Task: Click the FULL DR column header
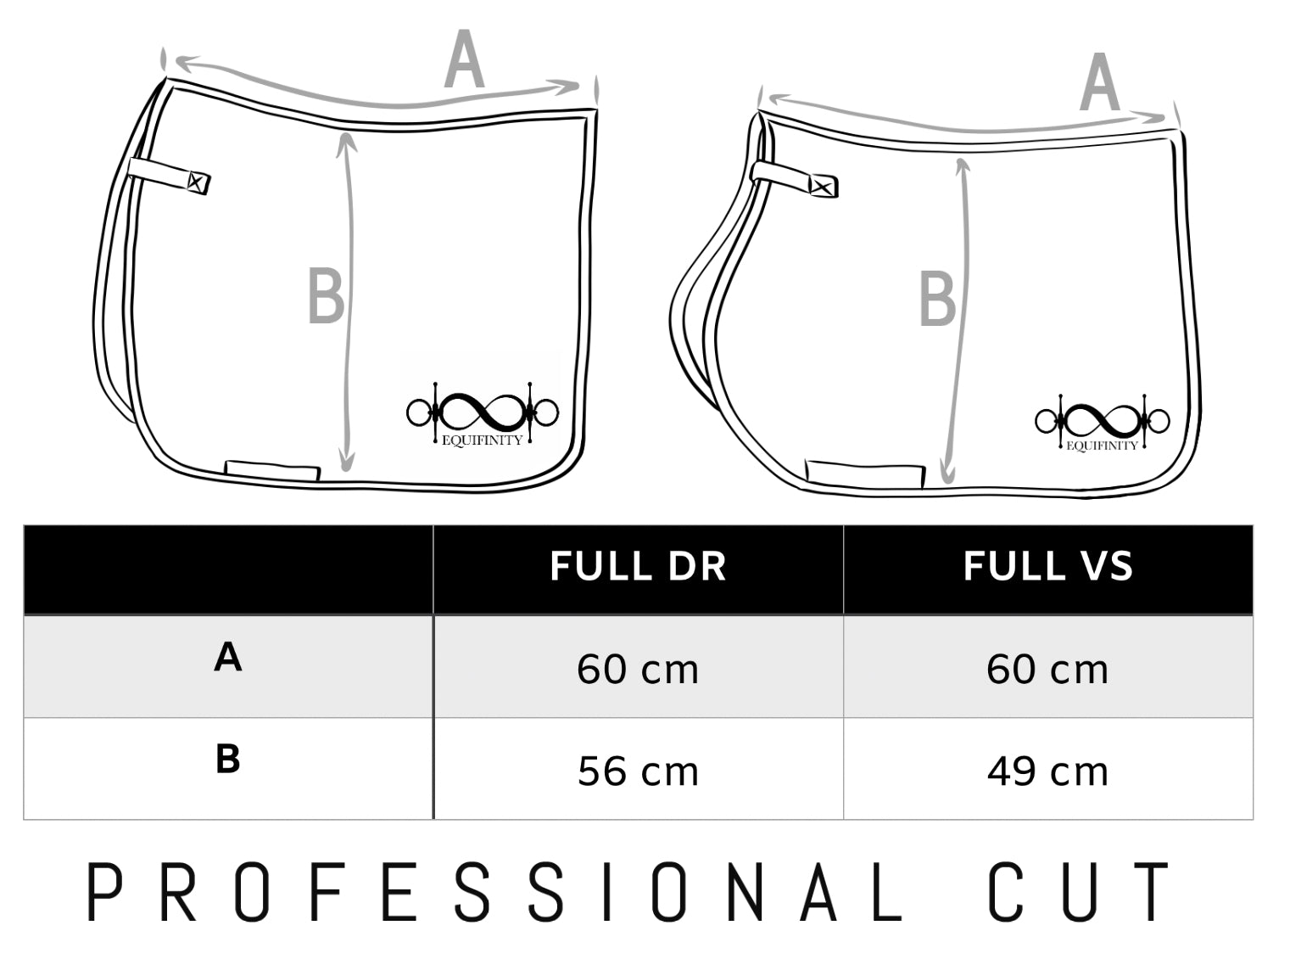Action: (638, 567)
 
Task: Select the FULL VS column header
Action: (1047, 567)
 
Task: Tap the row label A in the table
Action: (227, 658)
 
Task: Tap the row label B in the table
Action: (227, 760)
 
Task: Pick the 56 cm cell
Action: (638, 771)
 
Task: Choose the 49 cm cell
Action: (1047, 771)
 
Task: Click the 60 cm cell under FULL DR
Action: (638, 670)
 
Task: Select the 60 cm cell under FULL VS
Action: (1047, 670)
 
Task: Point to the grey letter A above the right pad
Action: (1099, 82)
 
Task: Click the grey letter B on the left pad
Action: (326, 296)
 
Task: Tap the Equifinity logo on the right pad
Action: (1102, 423)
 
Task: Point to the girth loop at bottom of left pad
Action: (272, 470)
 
